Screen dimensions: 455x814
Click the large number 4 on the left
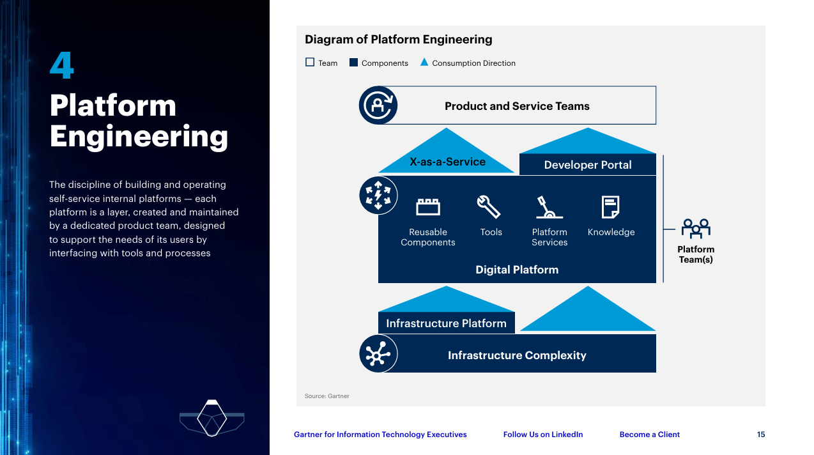click(x=62, y=66)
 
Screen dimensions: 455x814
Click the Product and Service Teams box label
click(x=517, y=106)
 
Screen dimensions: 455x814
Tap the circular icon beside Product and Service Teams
click(x=378, y=105)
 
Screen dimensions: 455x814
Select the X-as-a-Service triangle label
click(x=447, y=162)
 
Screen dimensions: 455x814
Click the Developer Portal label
click(x=587, y=165)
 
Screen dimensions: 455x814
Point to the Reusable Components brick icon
click(x=428, y=207)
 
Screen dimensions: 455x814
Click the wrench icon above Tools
click(x=489, y=207)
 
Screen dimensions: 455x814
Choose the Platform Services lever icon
click(x=549, y=207)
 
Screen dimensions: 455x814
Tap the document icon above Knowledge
click(x=610, y=207)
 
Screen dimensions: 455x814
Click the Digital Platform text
click(x=517, y=270)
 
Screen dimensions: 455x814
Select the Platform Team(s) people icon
click(x=696, y=228)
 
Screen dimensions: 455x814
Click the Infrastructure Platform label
click(x=446, y=323)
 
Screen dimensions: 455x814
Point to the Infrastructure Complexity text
click(x=517, y=355)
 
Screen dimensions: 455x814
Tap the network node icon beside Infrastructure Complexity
click(x=378, y=353)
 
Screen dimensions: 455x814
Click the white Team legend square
click(x=310, y=63)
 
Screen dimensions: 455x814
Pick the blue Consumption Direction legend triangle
click(x=424, y=63)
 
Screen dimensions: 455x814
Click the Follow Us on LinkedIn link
click(x=543, y=435)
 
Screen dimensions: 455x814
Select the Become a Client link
click(x=649, y=435)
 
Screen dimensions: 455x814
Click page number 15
click(x=761, y=435)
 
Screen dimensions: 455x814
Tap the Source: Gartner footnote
click(x=327, y=396)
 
